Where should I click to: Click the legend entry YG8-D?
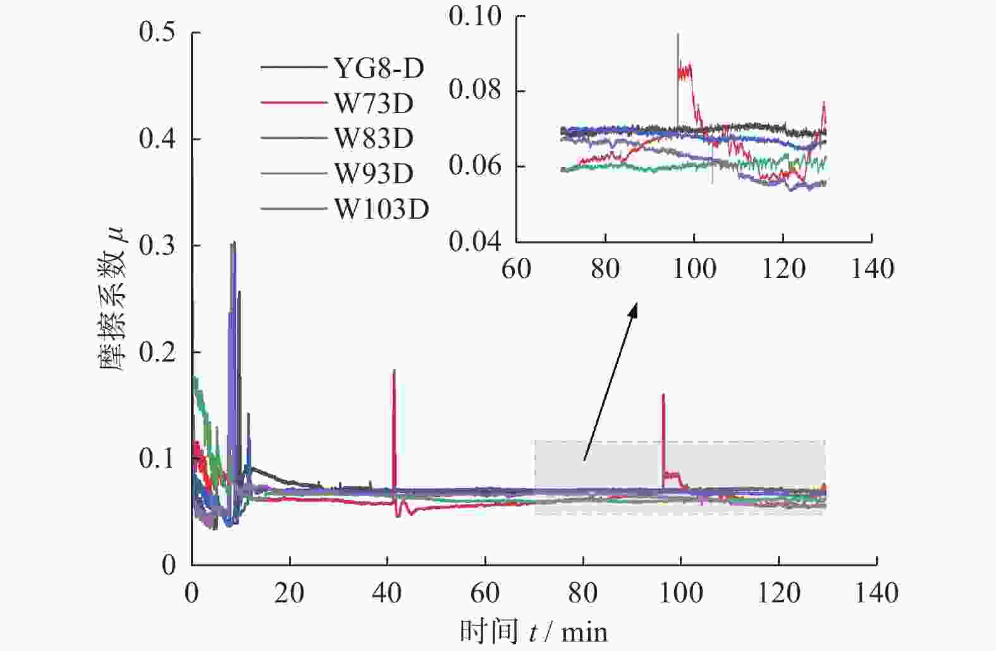(379, 68)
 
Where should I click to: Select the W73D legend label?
(374, 103)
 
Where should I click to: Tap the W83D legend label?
(374, 138)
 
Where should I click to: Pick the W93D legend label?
(374, 173)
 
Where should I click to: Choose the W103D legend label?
(381, 209)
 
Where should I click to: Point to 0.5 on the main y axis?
(157, 32)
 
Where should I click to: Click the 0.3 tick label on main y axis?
(157, 246)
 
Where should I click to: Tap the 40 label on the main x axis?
(388, 593)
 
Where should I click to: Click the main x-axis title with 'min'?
(533, 631)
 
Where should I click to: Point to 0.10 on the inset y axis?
(475, 16)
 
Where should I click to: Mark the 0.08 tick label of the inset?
(475, 90)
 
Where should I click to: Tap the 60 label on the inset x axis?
(516, 269)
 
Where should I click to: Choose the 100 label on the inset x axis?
(694, 269)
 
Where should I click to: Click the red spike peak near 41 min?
(394, 371)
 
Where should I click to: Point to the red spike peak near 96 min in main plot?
(663, 395)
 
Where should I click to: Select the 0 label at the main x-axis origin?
(192, 593)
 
